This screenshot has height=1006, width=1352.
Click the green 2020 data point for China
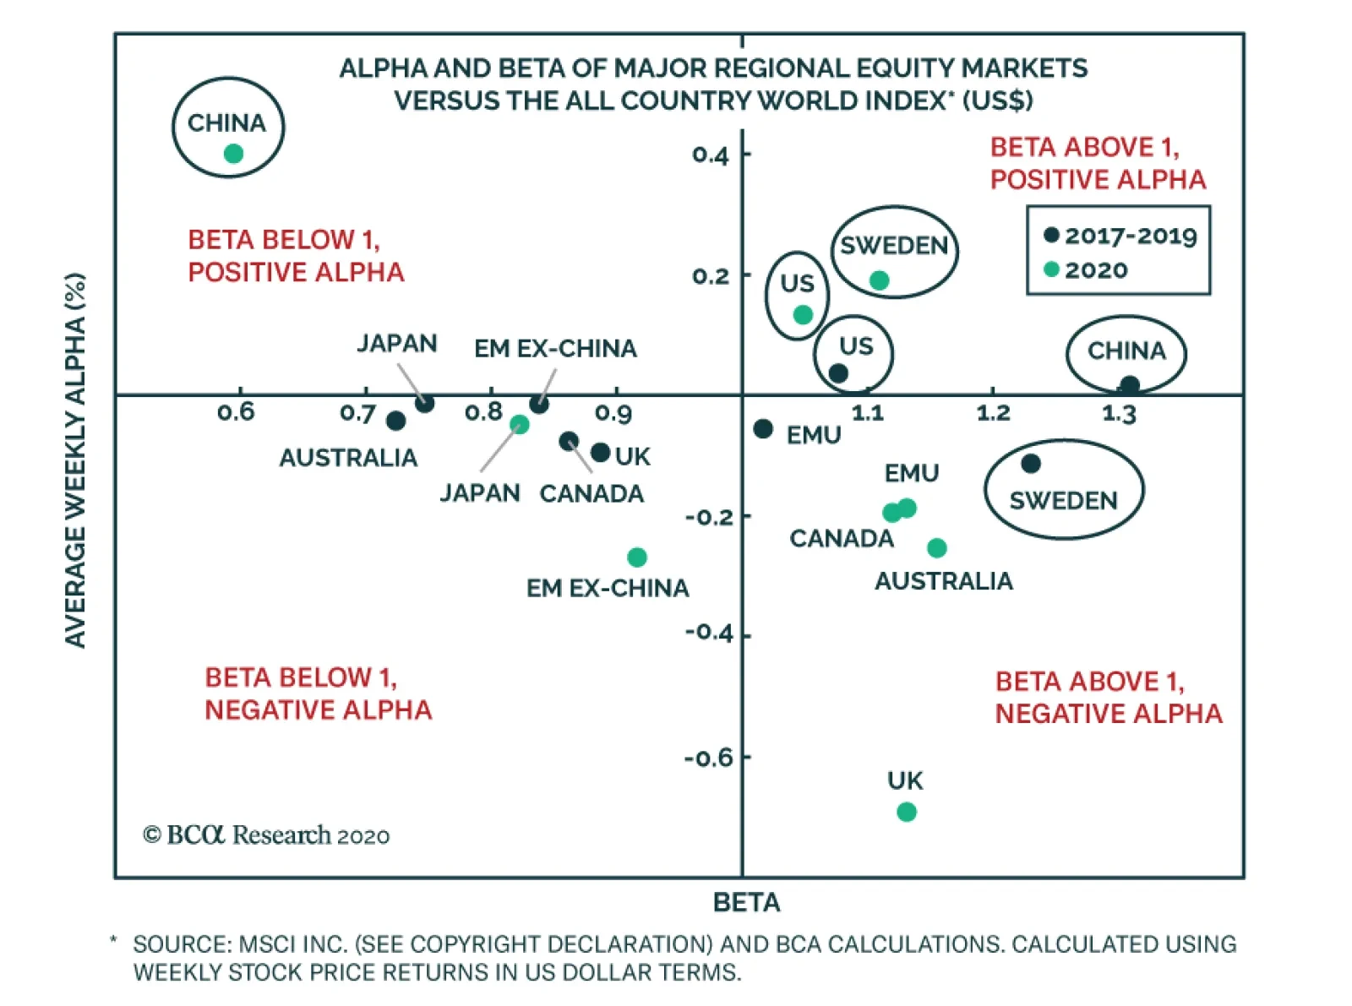pyautogui.click(x=233, y=154)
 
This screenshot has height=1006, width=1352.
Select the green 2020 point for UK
pyautogui.click(x=906, y=812)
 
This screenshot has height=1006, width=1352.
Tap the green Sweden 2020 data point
pyautogui.click(x=879, y=280)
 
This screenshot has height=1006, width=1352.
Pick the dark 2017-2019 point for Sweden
pyautogui.click(x=1030, y=464)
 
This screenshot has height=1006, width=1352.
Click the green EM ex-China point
pyautogui.click(x=637, y=557)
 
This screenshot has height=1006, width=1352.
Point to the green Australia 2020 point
pyautogui.click(x=936, y=548)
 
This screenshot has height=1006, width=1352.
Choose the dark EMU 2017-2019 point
pyautogui.click(x=763, y=429)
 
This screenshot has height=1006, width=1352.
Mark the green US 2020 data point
pyautogui.click(x=803, y=315)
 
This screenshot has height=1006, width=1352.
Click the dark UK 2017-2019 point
pyautogui.click(x=600, y=453)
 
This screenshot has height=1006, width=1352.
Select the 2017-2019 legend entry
pyautogui.click(x=1120, y=236)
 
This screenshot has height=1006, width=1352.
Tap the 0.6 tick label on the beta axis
pyautogui.click(x=236, y=412)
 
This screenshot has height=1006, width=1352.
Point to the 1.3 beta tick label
pyautogui.click(x=1119, y=414)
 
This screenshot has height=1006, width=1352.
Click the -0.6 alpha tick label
pyautogui.click(x=709, y=758)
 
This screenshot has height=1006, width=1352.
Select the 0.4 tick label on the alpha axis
pyautogui.click(x=710, y=155)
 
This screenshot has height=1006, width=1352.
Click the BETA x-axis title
pyautogui.click(x=746, y=903)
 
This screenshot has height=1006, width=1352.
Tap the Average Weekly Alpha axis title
pyautogui.click(x=76, y=460)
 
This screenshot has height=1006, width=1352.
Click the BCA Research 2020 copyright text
pyautogui.click(x=266, y=835)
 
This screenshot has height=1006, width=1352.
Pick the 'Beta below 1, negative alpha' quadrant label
pyautogui.click(x=318, y=693)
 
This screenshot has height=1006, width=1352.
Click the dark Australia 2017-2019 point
pyautogui.click(x=395, y=421)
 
